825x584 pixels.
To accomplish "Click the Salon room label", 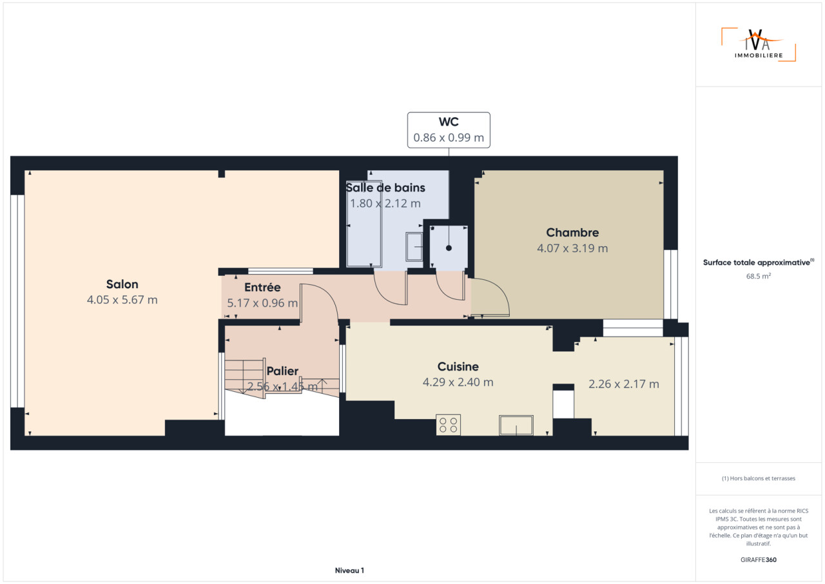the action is pos(122,284).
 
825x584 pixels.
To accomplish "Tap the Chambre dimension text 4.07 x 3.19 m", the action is pos(572,248).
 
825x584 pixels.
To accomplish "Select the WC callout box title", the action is pos(449,122).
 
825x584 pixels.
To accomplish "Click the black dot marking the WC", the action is pos(449,248).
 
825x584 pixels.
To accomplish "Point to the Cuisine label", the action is pos(458,366).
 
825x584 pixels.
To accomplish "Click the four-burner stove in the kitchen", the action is pos(448,425).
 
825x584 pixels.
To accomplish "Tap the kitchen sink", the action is pos(516,425).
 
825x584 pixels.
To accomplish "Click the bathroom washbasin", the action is pos(414,247).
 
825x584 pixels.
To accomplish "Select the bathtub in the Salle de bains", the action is pos(364,244).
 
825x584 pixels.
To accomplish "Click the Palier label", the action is pos(282,371).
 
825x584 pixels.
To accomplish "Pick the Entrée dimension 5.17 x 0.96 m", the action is pos(262,303).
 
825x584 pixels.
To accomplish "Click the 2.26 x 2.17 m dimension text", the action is pos(623,384).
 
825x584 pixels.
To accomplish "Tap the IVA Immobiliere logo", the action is pos(759,44).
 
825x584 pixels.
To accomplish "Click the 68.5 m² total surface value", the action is pos(759,276).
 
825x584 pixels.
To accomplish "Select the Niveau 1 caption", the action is pos(349,570).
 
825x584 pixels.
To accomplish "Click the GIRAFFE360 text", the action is pos(759,560).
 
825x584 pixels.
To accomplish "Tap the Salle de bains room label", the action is pos(385,188).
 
